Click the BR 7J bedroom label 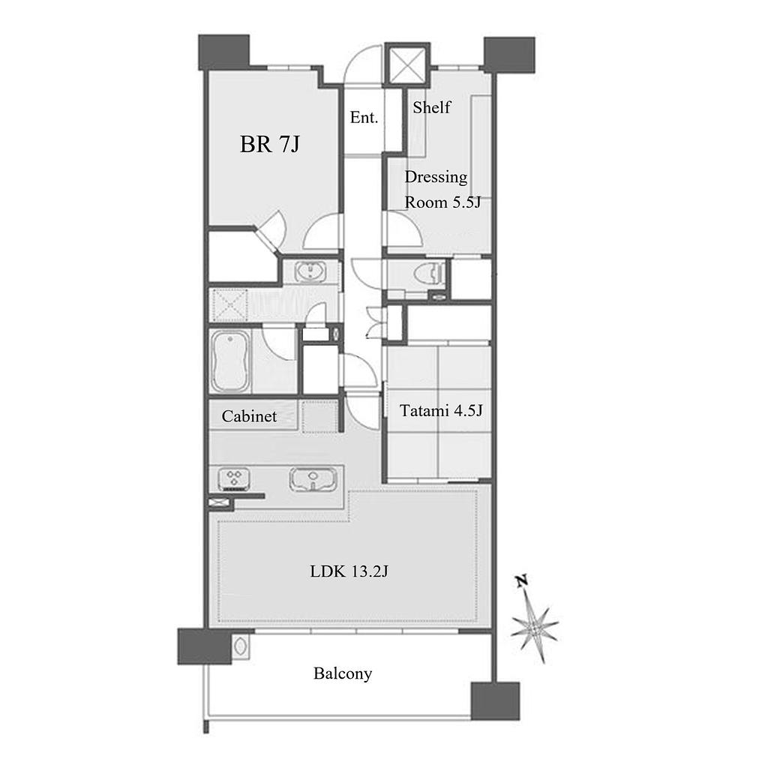pos(269,145)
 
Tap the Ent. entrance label pos(364,118)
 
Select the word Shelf pos(431,107)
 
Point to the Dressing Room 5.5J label pos(442,190)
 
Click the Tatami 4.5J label pos(441,410)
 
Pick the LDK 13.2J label pos(349,571)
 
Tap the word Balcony pos(342,674)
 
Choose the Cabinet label pos(249,416)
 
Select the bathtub pos(229,361)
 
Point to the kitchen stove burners pos(234,478)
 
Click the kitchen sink pos(313,479)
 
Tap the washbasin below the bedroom pos(310,271)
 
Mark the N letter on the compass pos(522,581)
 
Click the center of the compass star pos(534,626)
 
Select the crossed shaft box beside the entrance pos(406,64)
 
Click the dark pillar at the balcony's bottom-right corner pos(495,701)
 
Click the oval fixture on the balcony pos(241,645)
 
